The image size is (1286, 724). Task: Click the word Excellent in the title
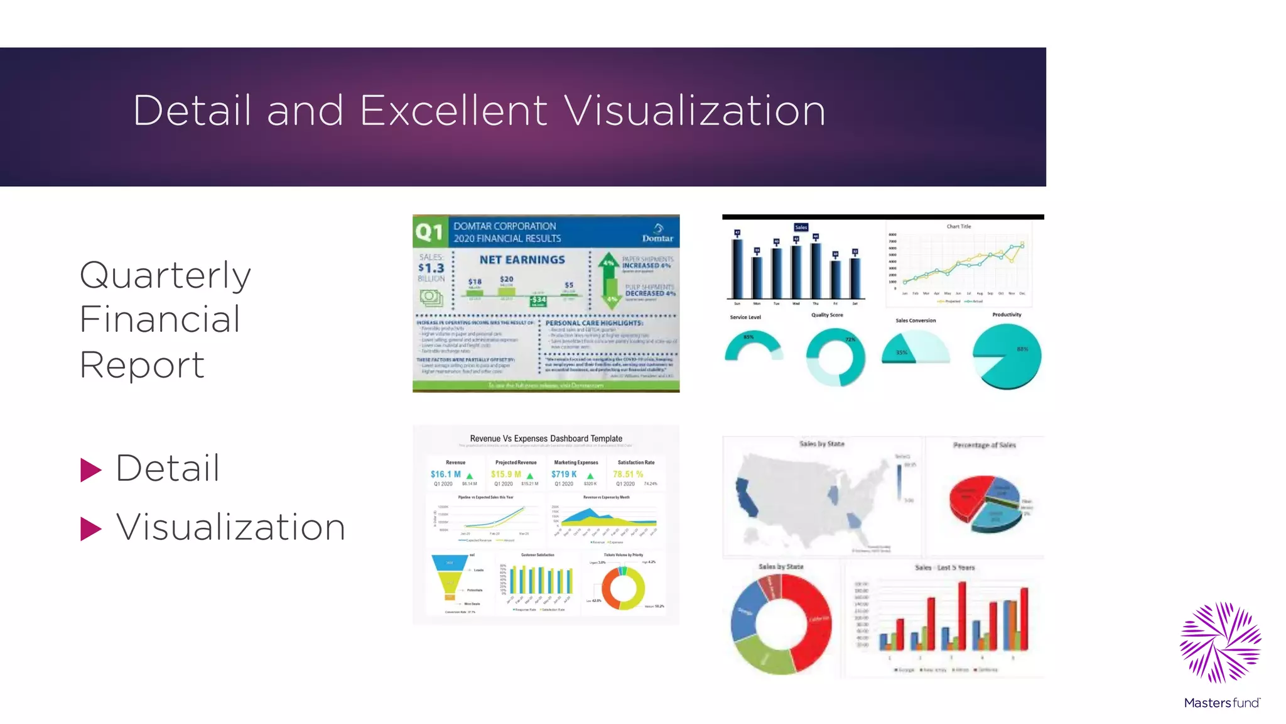point(453,111)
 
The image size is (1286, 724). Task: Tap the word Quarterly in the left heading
point(165,275)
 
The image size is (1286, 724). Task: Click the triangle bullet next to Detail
point(90,470)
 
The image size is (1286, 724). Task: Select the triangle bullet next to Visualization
point(90,529)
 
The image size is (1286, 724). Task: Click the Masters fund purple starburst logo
point(1220,642)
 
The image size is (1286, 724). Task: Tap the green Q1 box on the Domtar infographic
point(430,232)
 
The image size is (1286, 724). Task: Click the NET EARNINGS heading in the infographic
point(522,260)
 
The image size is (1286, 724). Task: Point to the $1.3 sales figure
point(431,268)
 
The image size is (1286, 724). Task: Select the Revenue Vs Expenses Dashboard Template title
point(546,439)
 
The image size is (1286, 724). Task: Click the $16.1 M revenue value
point(446,474)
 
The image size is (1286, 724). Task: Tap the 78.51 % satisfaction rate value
point(628,474)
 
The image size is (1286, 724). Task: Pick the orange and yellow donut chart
point(623,589)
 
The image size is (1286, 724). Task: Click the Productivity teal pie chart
point(1007,356)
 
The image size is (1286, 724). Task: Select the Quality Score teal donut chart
point(835,358)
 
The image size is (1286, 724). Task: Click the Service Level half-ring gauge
point(753,346)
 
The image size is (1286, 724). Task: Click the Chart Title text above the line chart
point(958,226)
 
